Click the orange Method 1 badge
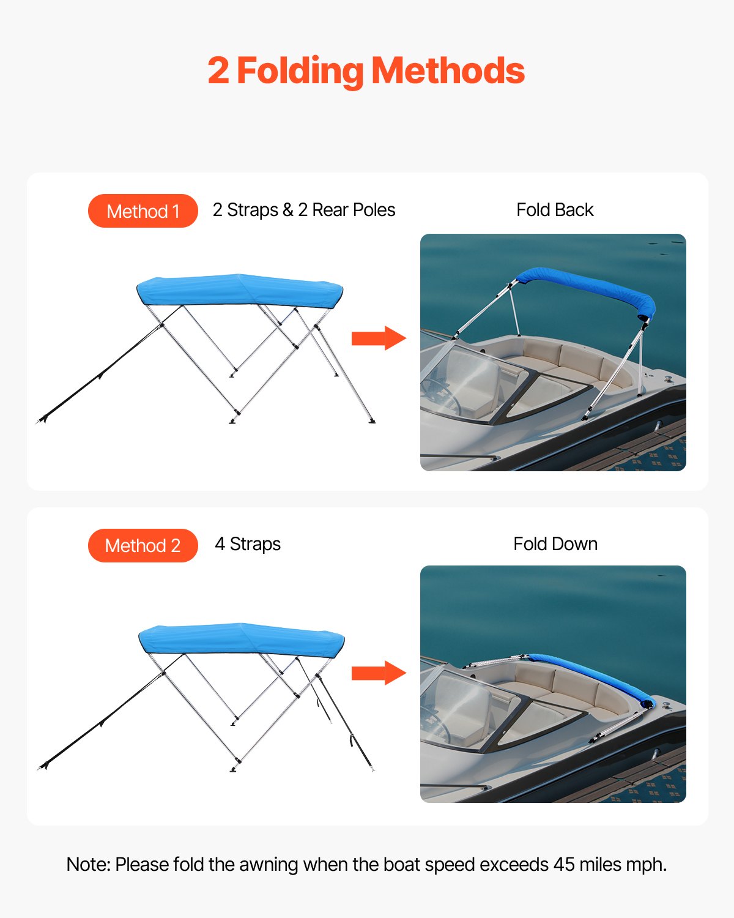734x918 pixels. click(143, 211)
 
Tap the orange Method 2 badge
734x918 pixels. click(143, 545)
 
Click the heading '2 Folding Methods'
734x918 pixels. click(366, 71)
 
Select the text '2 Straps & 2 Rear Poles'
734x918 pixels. click(303, 210)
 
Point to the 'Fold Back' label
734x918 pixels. click(555, 210)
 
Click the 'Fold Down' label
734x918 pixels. click(555, 544)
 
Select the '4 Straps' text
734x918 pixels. click(248, 544)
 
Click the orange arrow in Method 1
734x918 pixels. click(378, 338)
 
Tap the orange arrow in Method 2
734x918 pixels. click(378, 673)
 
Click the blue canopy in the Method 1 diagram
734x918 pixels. click(239, 290)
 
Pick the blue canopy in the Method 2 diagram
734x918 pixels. click(241, 640)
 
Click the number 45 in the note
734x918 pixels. click(564, 864)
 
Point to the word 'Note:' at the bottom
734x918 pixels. click(88, 864)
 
